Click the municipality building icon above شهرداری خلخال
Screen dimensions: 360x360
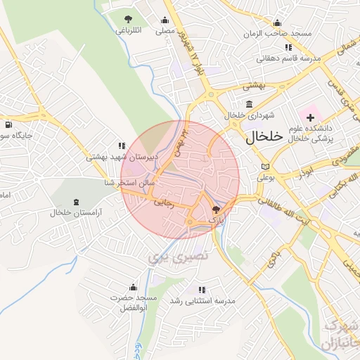(230, 105)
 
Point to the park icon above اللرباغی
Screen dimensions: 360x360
(127, 19)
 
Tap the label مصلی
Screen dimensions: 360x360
(165, 31)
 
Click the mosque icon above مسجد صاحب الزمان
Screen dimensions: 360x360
(277, 22)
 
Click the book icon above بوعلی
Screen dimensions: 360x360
(264, 166)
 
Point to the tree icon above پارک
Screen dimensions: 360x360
(216, 209)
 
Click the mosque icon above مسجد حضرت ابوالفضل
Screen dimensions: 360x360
(133, 287)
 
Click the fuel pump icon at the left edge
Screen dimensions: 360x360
(8, 125)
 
